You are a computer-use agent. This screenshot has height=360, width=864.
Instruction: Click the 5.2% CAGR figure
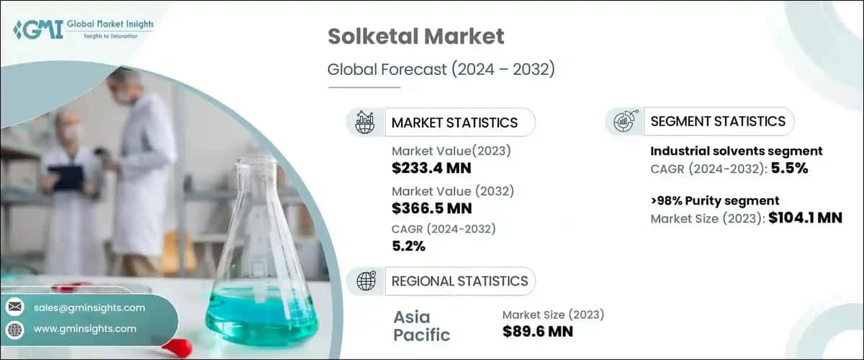(408, 247)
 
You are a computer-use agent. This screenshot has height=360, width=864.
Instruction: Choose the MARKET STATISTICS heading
(454, 122)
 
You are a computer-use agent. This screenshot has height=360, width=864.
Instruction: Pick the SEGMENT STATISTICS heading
(717, 121)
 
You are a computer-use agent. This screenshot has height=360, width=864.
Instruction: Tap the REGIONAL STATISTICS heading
(459, 281)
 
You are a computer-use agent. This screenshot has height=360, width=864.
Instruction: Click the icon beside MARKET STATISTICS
(365, 122)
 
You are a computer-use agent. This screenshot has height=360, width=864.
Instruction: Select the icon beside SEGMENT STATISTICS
(623, 122)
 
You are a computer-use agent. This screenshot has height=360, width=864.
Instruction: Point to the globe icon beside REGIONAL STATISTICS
(365, 281)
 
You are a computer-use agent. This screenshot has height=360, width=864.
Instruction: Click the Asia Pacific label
(422, 325)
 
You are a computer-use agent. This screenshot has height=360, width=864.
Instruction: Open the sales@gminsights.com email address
(89, 307)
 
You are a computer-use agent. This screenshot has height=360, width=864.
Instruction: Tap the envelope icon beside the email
(14, 307)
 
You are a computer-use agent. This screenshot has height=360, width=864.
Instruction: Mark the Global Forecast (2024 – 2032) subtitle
(441, 70)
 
